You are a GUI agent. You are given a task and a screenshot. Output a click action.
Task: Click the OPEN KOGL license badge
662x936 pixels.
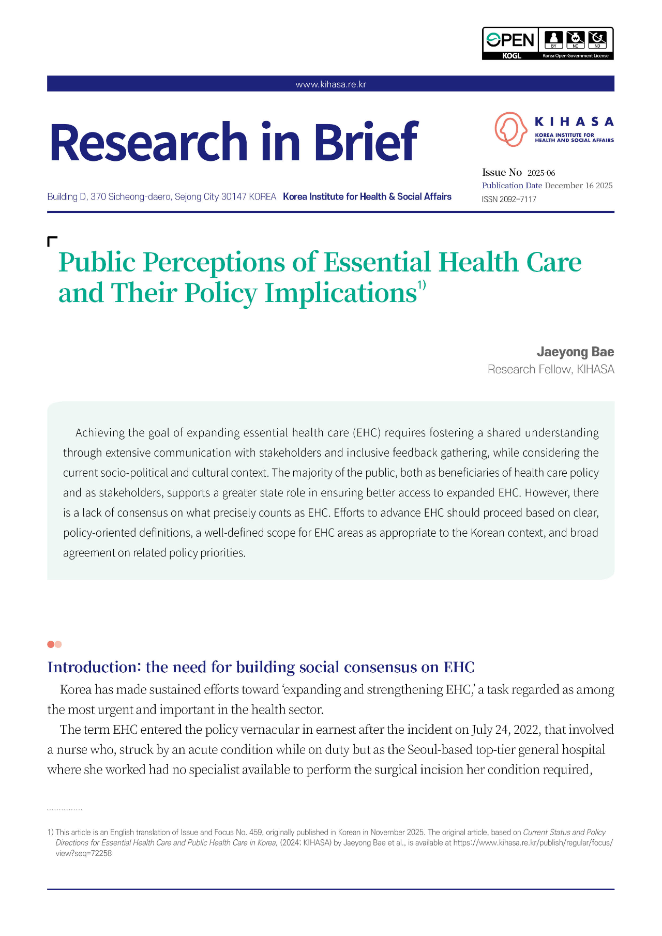click(x=547, y=43)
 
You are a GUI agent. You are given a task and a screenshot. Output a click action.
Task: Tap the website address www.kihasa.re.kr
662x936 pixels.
click(x=330, y=84)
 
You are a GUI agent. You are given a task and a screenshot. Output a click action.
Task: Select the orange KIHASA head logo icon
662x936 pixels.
click(x=509, y=129)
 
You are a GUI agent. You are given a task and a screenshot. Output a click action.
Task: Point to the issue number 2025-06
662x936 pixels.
click(x=541, y=173)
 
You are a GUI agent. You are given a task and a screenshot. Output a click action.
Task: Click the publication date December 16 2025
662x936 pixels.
click(x=578, y=186)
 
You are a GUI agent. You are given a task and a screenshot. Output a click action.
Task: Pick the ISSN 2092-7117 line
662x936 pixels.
click(x=509, y=199)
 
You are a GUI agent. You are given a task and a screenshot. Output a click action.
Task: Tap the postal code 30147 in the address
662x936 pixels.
click(x=234, y=197)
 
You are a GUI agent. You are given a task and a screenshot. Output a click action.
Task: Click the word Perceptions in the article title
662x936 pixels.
click(x=214, y=262)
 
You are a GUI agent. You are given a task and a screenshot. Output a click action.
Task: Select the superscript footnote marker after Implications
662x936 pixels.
click(x=422, y=284)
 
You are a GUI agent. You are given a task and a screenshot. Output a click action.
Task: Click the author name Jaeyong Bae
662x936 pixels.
click(x=575, y=352)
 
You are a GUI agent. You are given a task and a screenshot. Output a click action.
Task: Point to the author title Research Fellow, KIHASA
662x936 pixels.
click(x=551, y=369)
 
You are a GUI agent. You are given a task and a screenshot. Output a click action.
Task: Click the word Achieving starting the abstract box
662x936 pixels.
click(x=100, y=433)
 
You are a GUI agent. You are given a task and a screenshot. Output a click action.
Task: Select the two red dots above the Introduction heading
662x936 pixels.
click(x=54, y=644)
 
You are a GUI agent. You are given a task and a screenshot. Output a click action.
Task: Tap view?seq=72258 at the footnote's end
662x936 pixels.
click(x=84, y=853)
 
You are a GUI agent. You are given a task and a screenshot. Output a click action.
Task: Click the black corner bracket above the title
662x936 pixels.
click(x=52, y=241)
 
